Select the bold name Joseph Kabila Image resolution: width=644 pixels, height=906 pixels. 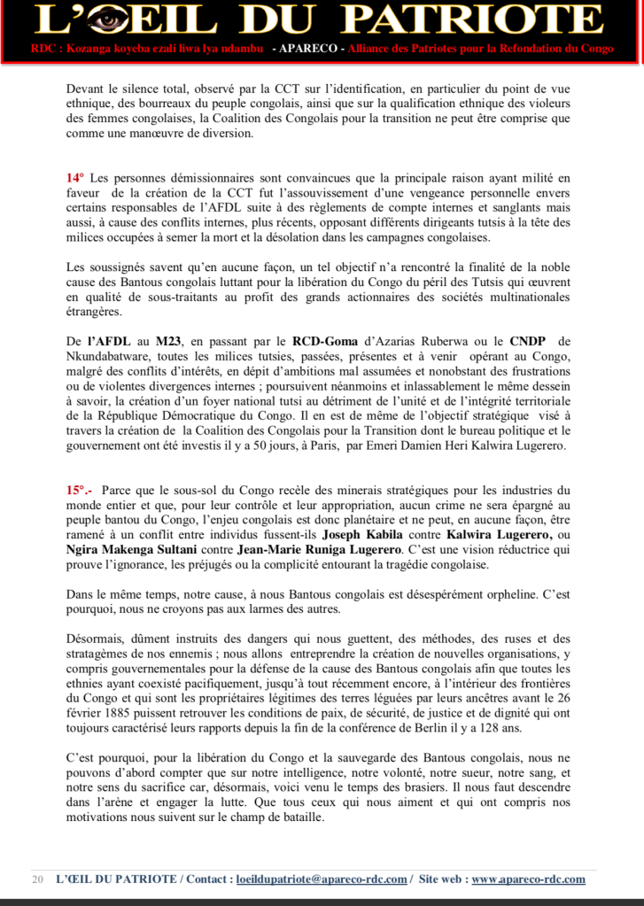[x=359, y=536]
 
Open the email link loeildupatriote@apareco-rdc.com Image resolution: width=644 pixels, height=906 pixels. [x=322, y=879]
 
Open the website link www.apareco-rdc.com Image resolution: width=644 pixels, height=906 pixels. [x=528, y=879]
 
